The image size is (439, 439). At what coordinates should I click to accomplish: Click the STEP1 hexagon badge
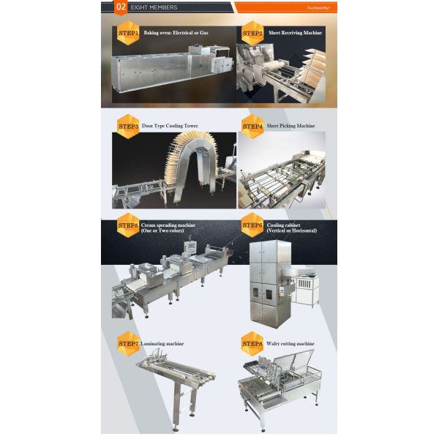[129, 33]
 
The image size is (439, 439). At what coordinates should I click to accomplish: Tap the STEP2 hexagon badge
[252, 33]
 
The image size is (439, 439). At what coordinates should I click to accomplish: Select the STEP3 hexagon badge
[129, 125]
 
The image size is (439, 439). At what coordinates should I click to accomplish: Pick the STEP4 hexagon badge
[252, 126]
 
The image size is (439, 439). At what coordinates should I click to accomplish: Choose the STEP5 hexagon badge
[129, 225]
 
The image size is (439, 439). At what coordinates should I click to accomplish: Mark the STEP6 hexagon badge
[252, 225]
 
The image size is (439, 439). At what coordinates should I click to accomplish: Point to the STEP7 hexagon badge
[129, 343]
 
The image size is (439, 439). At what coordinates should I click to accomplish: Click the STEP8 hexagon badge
[252, 343]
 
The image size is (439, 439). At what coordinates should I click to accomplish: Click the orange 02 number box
[121, 8]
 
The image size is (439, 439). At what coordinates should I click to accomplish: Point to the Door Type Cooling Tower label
[170, 126]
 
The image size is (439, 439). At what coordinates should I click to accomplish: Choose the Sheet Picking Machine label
[290, 126]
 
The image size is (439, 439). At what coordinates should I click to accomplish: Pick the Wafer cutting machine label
[290, 343]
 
